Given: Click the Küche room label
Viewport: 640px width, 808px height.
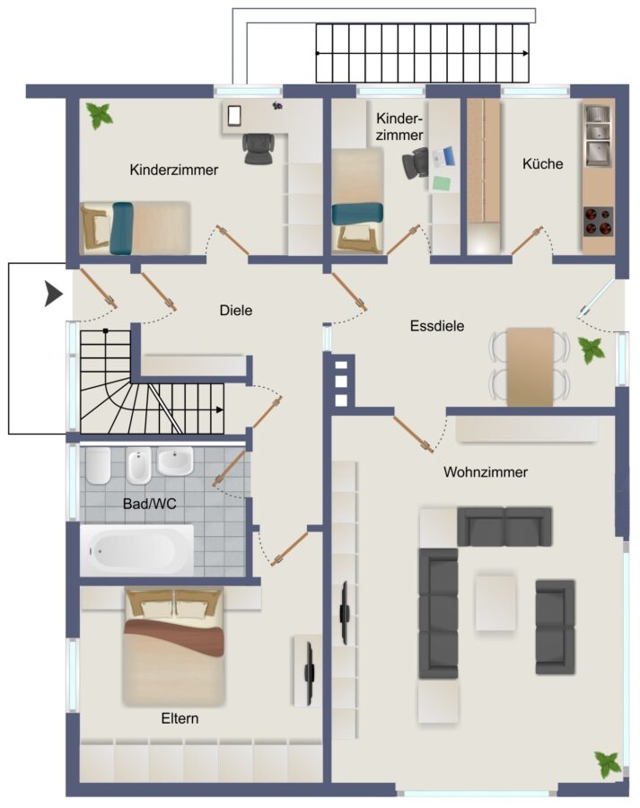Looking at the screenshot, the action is click(x=542, y=164).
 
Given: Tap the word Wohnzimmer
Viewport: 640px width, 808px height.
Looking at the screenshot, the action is click(x=486, y=472).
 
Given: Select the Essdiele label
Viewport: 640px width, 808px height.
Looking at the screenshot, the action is click(x=437, y=326).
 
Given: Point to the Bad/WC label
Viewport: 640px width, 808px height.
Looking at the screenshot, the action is click(x=149, y=504).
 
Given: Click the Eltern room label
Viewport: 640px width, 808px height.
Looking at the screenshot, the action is click(x=180, y=718).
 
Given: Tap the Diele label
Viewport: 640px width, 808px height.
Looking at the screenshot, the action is click(x=236, y=311).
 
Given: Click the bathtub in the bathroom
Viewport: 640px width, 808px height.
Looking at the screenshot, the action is click(x=137, y=549).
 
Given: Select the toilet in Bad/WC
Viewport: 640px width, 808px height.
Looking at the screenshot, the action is click(x=98, y=465).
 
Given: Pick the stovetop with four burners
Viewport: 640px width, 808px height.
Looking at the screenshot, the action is click(x=599, y=222).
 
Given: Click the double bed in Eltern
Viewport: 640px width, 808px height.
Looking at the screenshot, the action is click(x=174, y=647).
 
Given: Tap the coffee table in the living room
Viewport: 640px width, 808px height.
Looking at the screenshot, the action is click(x=495, y=602).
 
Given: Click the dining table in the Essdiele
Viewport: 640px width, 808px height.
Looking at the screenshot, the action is click(x=530, y=366).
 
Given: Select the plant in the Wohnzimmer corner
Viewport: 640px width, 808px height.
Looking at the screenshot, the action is click(x=608, y=765).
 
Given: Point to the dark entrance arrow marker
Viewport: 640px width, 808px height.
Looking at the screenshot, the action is click(x=53, y=294).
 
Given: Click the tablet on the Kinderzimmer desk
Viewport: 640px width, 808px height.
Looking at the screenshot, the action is click(x=234, y=116).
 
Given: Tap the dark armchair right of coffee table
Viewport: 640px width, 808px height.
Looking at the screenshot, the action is click(x=555, y=628).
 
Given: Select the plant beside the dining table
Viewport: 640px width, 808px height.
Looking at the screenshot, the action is click(x=591, y=350).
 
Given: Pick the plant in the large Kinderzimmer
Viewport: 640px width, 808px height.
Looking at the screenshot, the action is click(x=99, y=116).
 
